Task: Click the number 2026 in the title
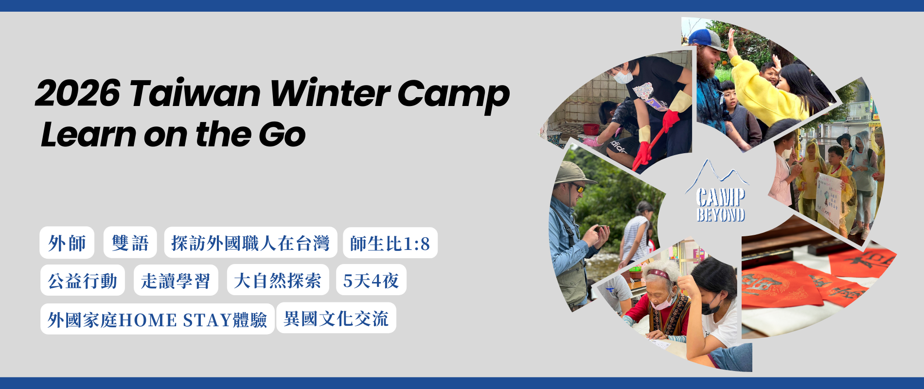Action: coord(78,93)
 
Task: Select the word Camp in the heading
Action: coord(453,96)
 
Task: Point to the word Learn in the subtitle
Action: coord(88,134)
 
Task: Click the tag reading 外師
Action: coord(67,243)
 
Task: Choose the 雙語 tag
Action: coord(130,243)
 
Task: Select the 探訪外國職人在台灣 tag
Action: coord(250,243)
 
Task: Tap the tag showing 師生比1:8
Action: coord(390,243)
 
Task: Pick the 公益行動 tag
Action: coord(83,280)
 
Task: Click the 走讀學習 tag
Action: coord(176,280)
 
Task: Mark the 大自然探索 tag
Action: coord(278,280)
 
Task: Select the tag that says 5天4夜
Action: coord(371,280)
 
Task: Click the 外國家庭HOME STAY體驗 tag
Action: coord(158,319)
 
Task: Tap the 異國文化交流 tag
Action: coord(336,318)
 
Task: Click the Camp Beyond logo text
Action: coord(721,205)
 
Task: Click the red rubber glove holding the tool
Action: coord(671,120)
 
